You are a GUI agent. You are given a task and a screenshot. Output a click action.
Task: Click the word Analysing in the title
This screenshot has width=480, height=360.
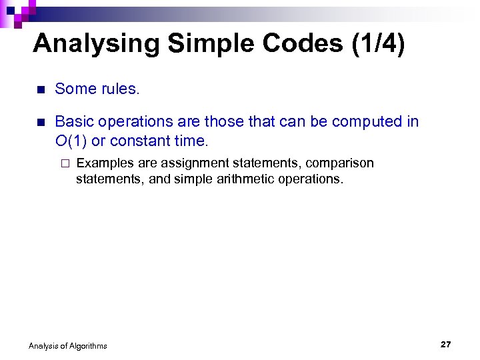click(97, 44)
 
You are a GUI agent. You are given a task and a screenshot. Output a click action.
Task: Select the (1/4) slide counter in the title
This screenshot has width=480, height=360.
click(377, 44)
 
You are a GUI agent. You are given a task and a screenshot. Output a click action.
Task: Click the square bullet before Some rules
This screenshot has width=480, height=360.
click(40, 90)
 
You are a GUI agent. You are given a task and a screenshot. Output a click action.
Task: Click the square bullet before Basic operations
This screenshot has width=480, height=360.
click(40, 123)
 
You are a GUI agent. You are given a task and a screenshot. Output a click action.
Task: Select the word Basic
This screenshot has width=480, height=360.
click(73, 121)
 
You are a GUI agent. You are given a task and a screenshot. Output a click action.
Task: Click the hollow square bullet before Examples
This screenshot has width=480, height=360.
click(65, 164)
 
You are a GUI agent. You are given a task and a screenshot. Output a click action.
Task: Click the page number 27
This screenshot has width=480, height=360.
click(446, 344)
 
